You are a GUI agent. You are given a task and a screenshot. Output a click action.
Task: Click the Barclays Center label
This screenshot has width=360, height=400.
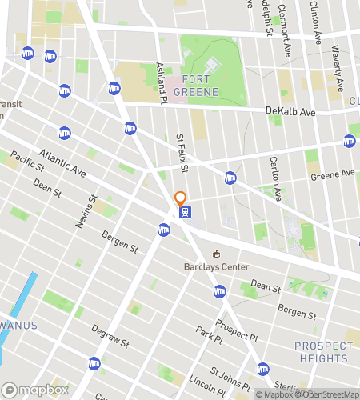point(216,266)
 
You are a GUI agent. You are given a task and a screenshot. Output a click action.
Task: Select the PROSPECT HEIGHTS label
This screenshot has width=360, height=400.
point(323,352)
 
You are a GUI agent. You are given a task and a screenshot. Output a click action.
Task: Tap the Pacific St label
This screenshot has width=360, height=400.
point(27,165)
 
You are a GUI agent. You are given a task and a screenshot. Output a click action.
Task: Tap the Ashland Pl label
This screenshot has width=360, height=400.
point(161,83)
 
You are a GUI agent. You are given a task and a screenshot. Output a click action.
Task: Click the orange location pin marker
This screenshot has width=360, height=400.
point(180,198)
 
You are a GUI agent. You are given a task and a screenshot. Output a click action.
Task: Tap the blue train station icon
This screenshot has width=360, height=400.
point(186,212)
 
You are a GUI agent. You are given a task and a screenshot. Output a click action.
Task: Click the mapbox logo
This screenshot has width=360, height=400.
point(34,389)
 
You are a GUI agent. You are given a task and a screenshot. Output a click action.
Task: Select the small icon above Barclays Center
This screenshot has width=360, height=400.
point(215,254)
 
